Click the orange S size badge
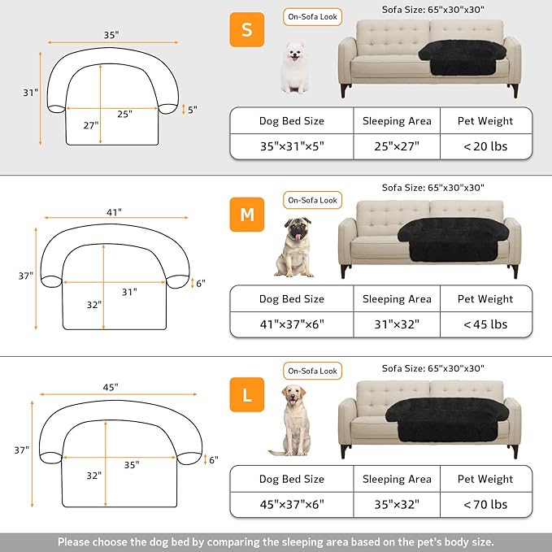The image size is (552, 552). tap(246, 31)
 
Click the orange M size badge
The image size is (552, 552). tap(246, 213)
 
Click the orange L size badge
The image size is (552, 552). tap(246, 396)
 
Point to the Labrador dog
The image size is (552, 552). tap(293, 420)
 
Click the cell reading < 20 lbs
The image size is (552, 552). tap(485, 146)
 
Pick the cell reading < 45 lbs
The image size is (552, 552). tap(485, 324)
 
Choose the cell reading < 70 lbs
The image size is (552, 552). tap(485, 504)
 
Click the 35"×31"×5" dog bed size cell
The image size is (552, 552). tap(291, 146)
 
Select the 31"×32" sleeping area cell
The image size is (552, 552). tap(396, 324)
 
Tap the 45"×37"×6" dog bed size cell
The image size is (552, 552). tap(291, 504)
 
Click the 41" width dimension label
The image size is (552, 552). tap(113, 211)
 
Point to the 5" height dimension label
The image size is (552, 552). tap(192, 108)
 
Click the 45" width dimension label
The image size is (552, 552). tap(111, 386)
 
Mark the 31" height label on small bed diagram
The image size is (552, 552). tap(30, 93)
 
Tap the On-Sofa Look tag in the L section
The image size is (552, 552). tap(312, 371)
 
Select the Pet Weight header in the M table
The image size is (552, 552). tap(485, 298)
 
